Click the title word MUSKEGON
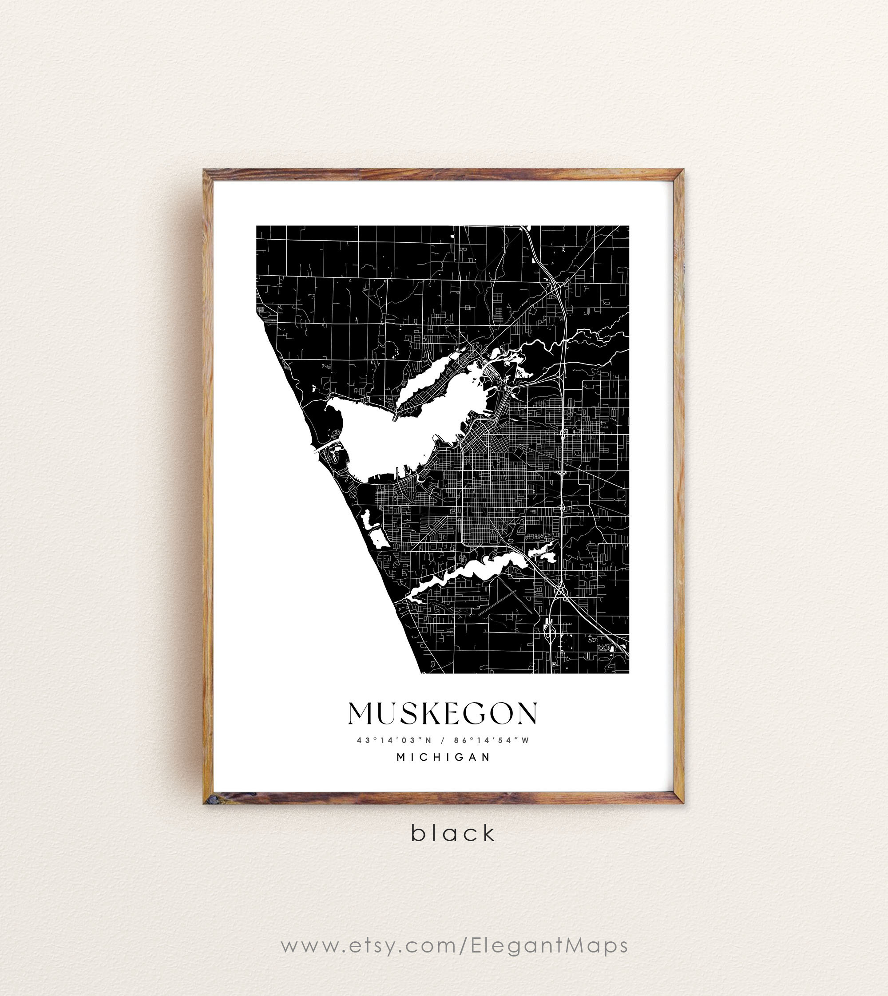(x=443, y=714)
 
